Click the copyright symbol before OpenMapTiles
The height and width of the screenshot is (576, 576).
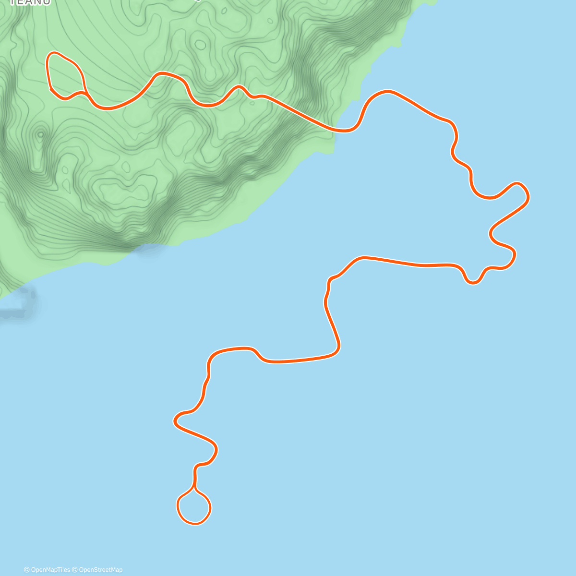click(x=26, y=570)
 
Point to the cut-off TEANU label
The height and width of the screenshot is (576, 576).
click(x=30, y=2)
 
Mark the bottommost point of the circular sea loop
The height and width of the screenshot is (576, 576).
click(x=195, y=523)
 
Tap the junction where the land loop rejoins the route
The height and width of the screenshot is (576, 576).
click(x=85, y=92)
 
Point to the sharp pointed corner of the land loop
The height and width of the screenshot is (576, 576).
click(x=50, y=89)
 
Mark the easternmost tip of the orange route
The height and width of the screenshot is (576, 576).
click(x=528, y=195)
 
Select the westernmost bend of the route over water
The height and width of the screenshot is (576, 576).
click(x=175, y=421)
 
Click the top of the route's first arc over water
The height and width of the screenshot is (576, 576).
click(x=386, y=91)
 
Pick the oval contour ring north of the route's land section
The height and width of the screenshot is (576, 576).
click(x=200, y=45)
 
